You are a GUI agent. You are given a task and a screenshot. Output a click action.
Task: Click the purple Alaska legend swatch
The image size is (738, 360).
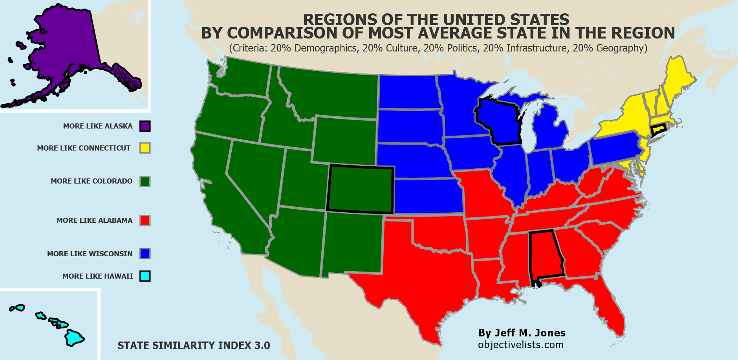145,126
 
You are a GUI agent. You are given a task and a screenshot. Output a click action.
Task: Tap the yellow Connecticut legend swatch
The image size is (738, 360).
145,148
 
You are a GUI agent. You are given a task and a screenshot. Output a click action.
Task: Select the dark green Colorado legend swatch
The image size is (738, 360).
145,181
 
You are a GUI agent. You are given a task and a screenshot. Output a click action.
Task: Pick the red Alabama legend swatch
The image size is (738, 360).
145,220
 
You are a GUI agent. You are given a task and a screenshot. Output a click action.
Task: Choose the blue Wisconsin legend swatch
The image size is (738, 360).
145,253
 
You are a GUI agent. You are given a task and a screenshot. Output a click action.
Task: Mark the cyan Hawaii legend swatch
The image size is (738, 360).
145,276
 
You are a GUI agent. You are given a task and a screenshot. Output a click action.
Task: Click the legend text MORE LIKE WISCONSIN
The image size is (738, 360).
90,254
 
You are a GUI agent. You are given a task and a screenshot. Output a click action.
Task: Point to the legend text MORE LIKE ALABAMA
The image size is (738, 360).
94,220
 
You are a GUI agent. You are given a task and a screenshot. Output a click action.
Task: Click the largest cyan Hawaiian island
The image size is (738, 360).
73,338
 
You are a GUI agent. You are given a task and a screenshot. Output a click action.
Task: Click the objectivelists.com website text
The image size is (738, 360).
520,345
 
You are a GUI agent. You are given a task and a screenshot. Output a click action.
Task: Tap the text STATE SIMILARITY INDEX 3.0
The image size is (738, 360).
194,345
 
